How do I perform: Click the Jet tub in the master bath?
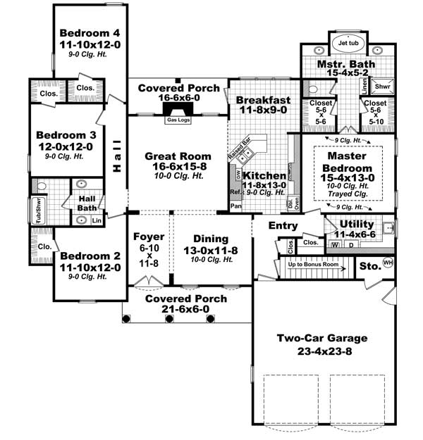click(348, 43)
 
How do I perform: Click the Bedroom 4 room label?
click(90, 33)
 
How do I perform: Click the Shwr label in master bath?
click(383, 87)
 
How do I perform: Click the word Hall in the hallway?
click(116, 161)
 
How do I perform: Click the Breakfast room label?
click(263, 99)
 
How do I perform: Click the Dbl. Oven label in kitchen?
click(290, 202)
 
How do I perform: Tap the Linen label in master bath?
click(364, 86)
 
